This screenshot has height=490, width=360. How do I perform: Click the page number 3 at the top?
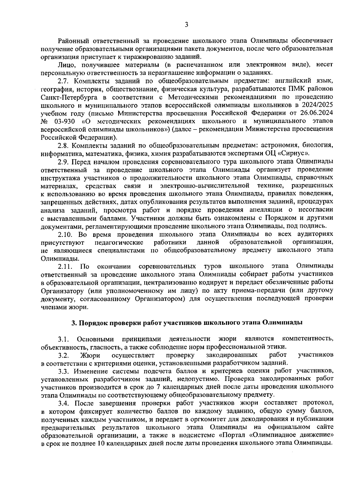(x=186, y=25)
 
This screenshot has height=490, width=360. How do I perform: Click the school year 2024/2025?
(x=316, y=105)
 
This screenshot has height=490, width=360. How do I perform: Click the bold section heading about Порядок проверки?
(x=187, y=323)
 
